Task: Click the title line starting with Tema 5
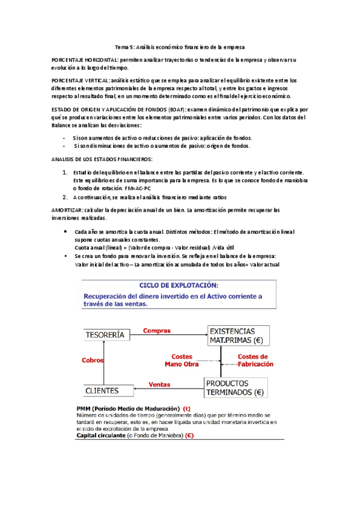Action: click(x=180, y=46)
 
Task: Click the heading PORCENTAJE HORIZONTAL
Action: click(x=85, y=61)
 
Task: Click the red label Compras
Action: click(x=156, y=330)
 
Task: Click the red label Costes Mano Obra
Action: click(x=181, y=360)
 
